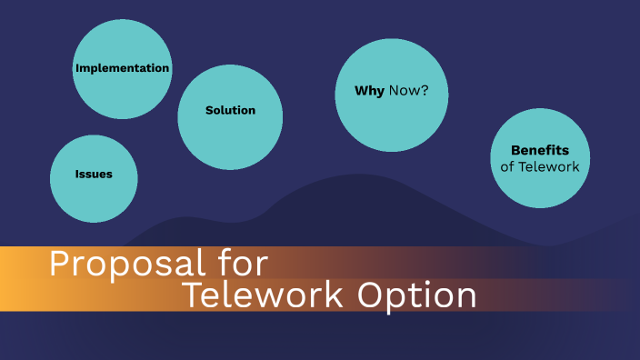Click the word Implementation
tap(122, 68)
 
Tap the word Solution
tap(230, 110)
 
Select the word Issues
tap(94, 174)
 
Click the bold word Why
tap(370, 92)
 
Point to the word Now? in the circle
tap(409, 92)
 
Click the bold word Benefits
tap(540, 150)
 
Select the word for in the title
tap(245, 264)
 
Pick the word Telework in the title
tap(264, 296)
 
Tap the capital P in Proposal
tap(59, 264)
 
